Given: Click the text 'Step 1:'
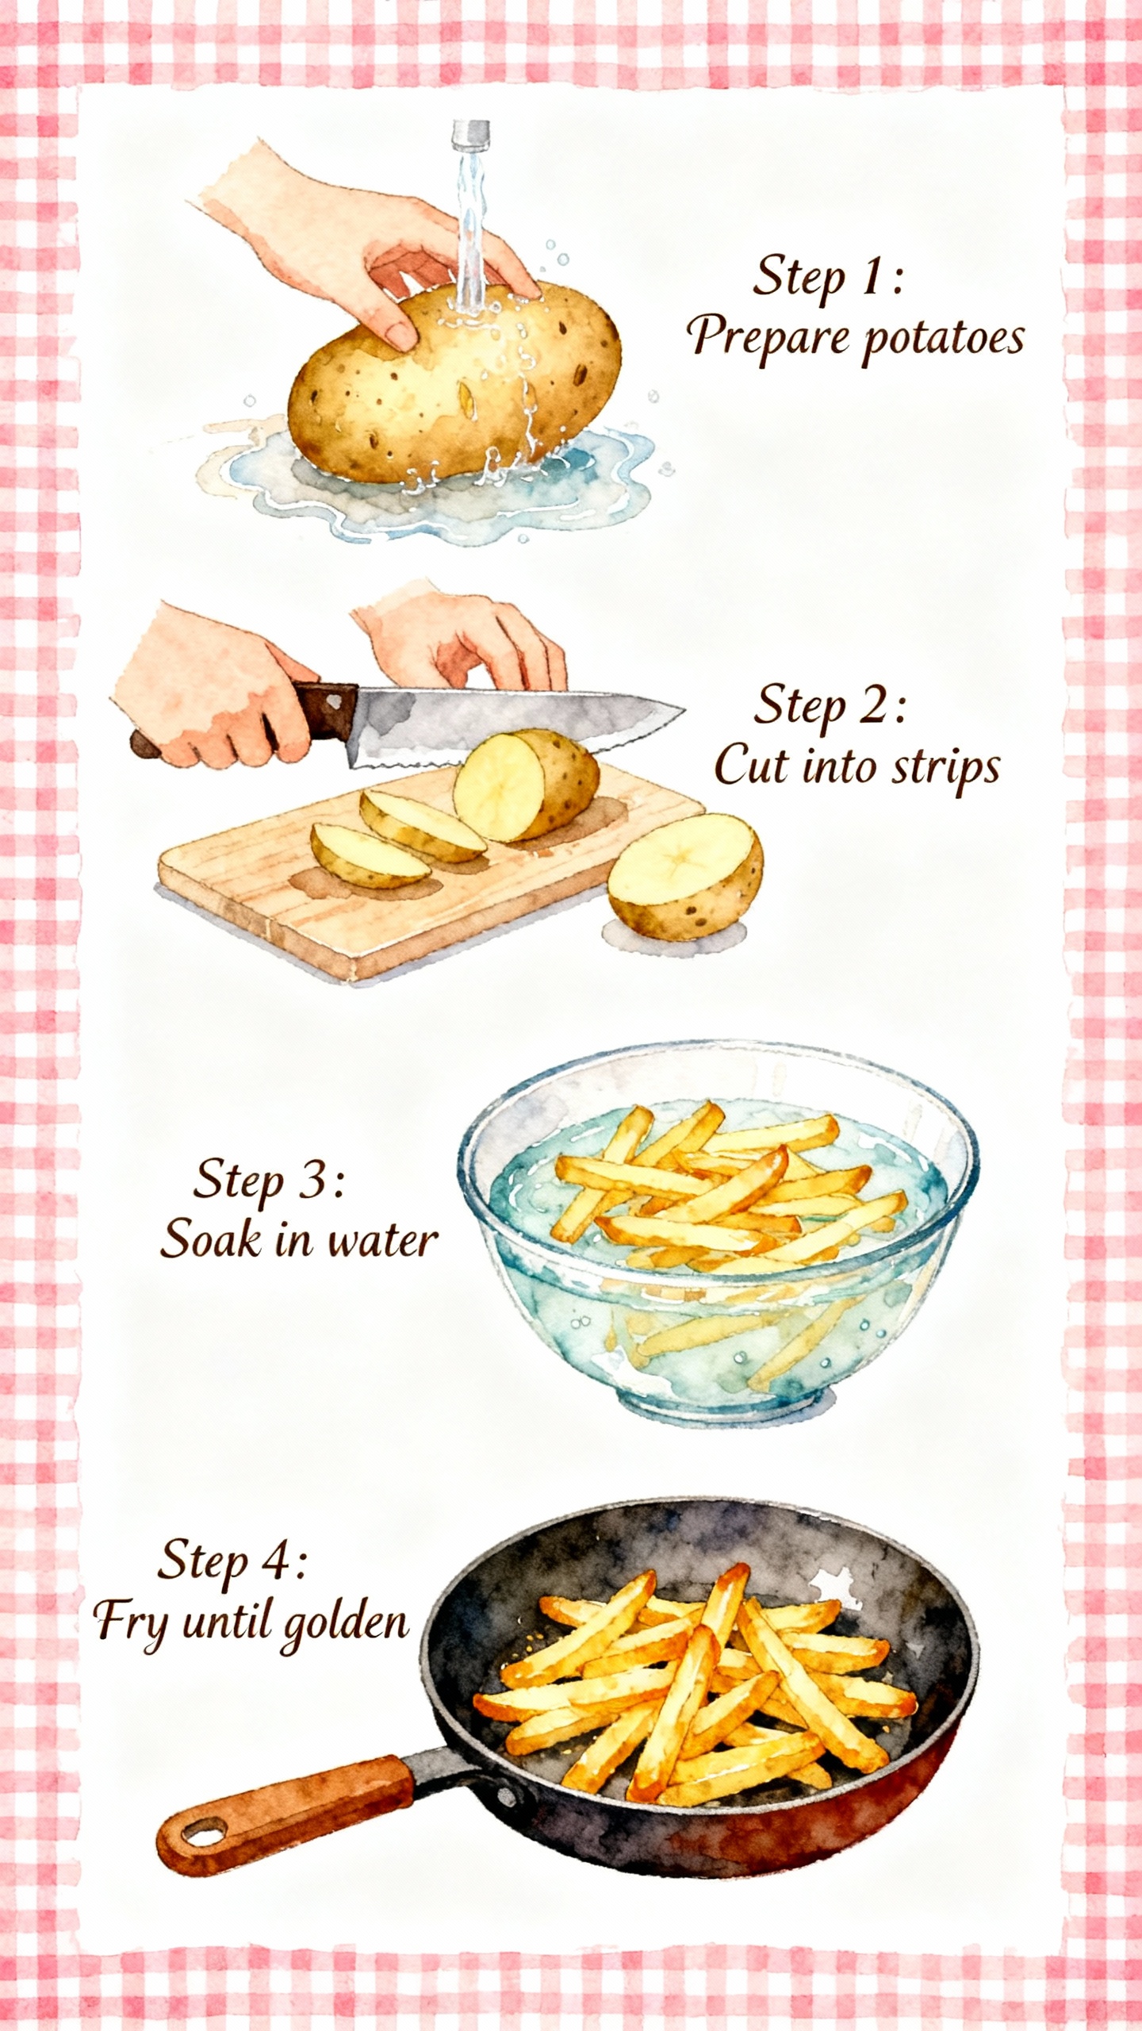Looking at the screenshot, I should point(827,278).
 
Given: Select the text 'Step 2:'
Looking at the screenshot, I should point(829,705).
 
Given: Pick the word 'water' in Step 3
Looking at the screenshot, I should point(382,1240).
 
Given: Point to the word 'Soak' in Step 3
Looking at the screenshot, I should point(210,1240).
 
